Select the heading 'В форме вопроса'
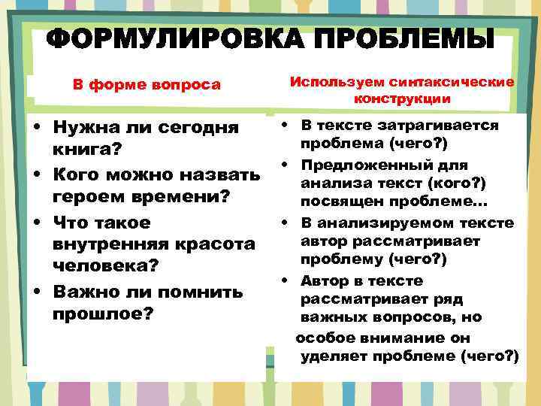[x=147, y=84]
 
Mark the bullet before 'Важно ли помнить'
[x=36, y=292]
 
